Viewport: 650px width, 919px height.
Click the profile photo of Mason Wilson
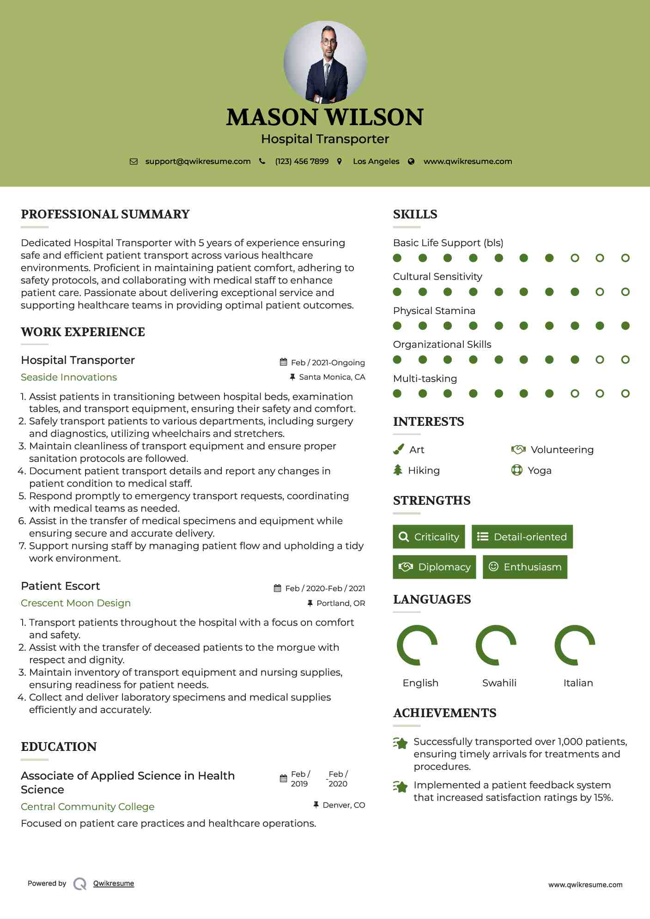coord(325,62)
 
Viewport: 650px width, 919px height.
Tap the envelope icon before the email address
coord(134,162)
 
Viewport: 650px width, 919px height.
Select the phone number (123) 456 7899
coord(302,162)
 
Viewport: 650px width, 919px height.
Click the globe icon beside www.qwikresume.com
coord(411,162)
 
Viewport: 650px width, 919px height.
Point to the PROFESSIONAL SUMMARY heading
coord(105,214)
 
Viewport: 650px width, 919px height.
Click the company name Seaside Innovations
coord(69,377)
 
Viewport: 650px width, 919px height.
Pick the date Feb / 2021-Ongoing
coord(328,363)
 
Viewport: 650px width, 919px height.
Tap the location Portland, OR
coord(340,603)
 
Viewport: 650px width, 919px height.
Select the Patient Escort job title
coord(61,586)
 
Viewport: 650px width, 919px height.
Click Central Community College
coord(88,807)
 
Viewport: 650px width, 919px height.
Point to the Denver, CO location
coord(344,805)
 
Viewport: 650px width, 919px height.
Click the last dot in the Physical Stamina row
coord(625,326)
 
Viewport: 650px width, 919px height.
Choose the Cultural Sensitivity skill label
coord(437,277)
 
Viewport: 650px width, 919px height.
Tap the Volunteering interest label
coord(562,450)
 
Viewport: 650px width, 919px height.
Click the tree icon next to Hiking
coord(398,470)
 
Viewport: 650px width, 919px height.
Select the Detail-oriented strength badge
coord(522,537)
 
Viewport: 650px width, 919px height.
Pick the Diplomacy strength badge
coord(434,567)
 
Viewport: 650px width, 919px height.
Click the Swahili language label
coord(499,683)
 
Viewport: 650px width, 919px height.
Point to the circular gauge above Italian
coord(575,645)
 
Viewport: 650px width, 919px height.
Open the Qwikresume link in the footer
coord(114,883)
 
